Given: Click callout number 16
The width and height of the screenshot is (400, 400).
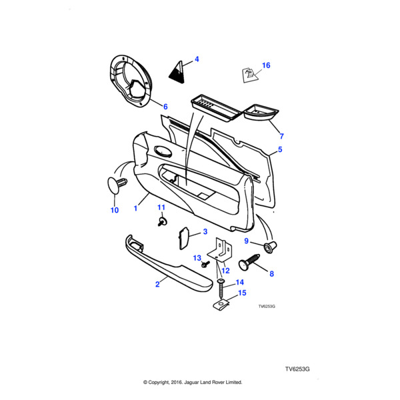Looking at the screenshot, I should (266, 65).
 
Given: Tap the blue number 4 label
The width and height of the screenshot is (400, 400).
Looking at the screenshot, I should (197, 60).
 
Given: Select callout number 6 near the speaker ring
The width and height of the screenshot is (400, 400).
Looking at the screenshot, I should (165, 107).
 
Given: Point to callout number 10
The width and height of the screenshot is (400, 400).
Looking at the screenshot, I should (114, 211).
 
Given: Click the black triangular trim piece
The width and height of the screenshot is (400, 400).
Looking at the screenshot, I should (178, 70).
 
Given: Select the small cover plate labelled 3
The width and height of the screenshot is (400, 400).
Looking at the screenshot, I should (183, 237).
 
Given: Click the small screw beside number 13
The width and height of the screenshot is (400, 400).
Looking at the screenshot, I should (205, 264).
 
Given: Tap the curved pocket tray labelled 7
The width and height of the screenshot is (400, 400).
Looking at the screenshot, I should (261, 113).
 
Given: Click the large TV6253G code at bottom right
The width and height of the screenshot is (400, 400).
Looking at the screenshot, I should (298, 369).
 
